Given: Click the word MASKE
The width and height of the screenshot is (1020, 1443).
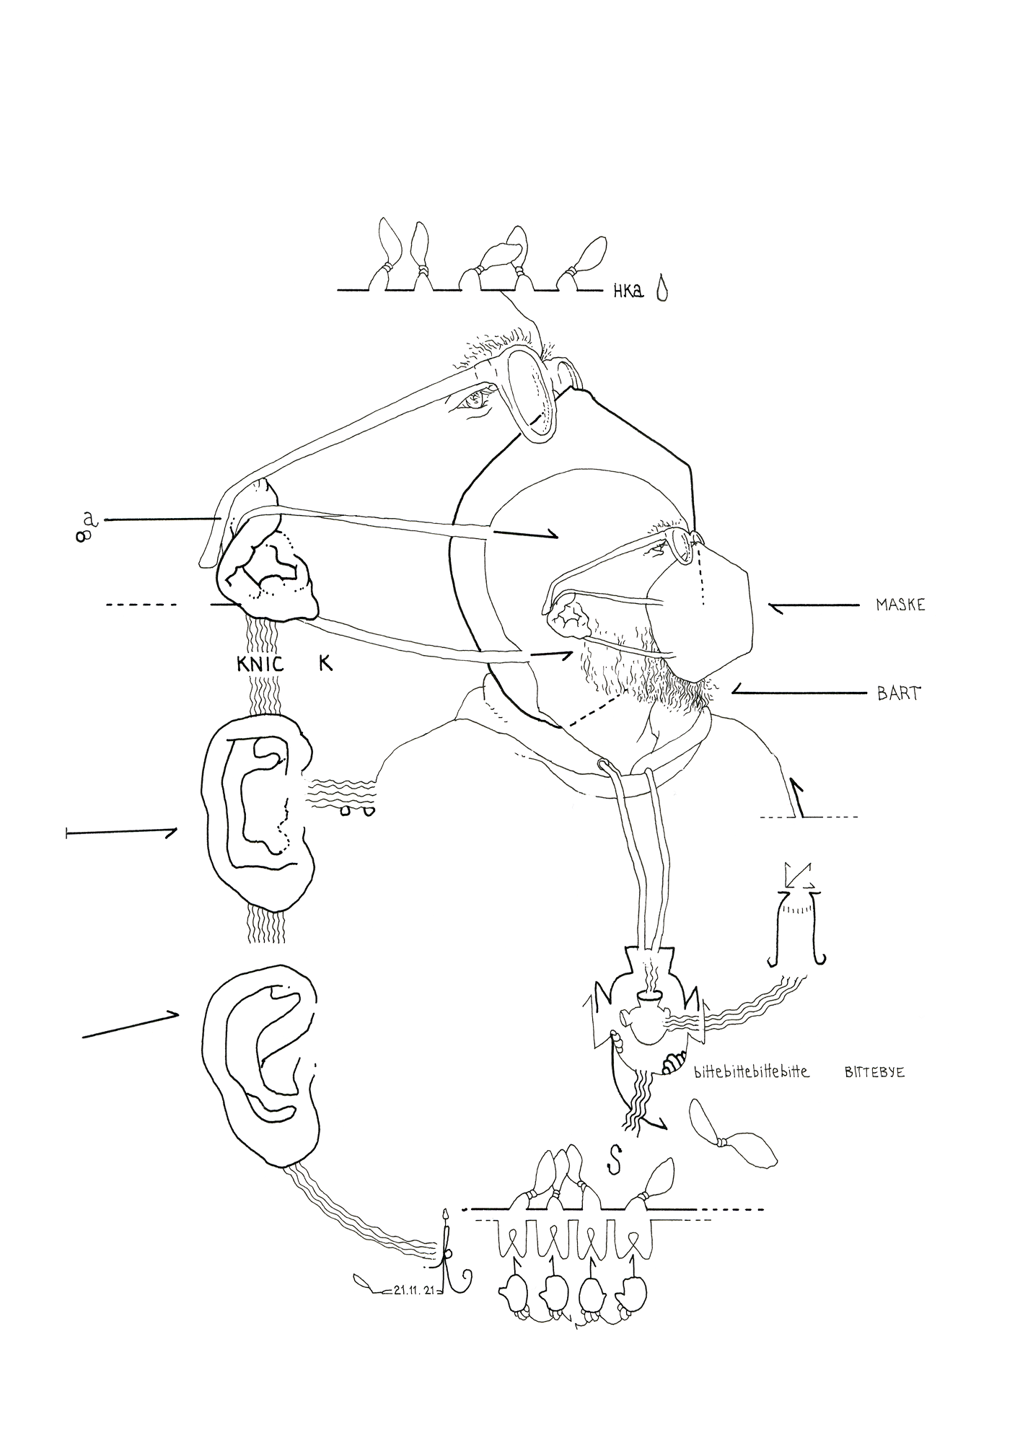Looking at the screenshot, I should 900,605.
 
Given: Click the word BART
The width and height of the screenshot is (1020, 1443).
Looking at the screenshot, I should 898,694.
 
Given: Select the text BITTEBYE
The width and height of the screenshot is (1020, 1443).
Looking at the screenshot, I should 874,1073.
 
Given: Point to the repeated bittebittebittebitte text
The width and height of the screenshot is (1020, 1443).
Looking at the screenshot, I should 751,1072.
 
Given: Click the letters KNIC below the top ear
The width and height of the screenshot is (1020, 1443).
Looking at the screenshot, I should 260,665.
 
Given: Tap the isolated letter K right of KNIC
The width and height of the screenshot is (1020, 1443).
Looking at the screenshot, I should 325,665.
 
